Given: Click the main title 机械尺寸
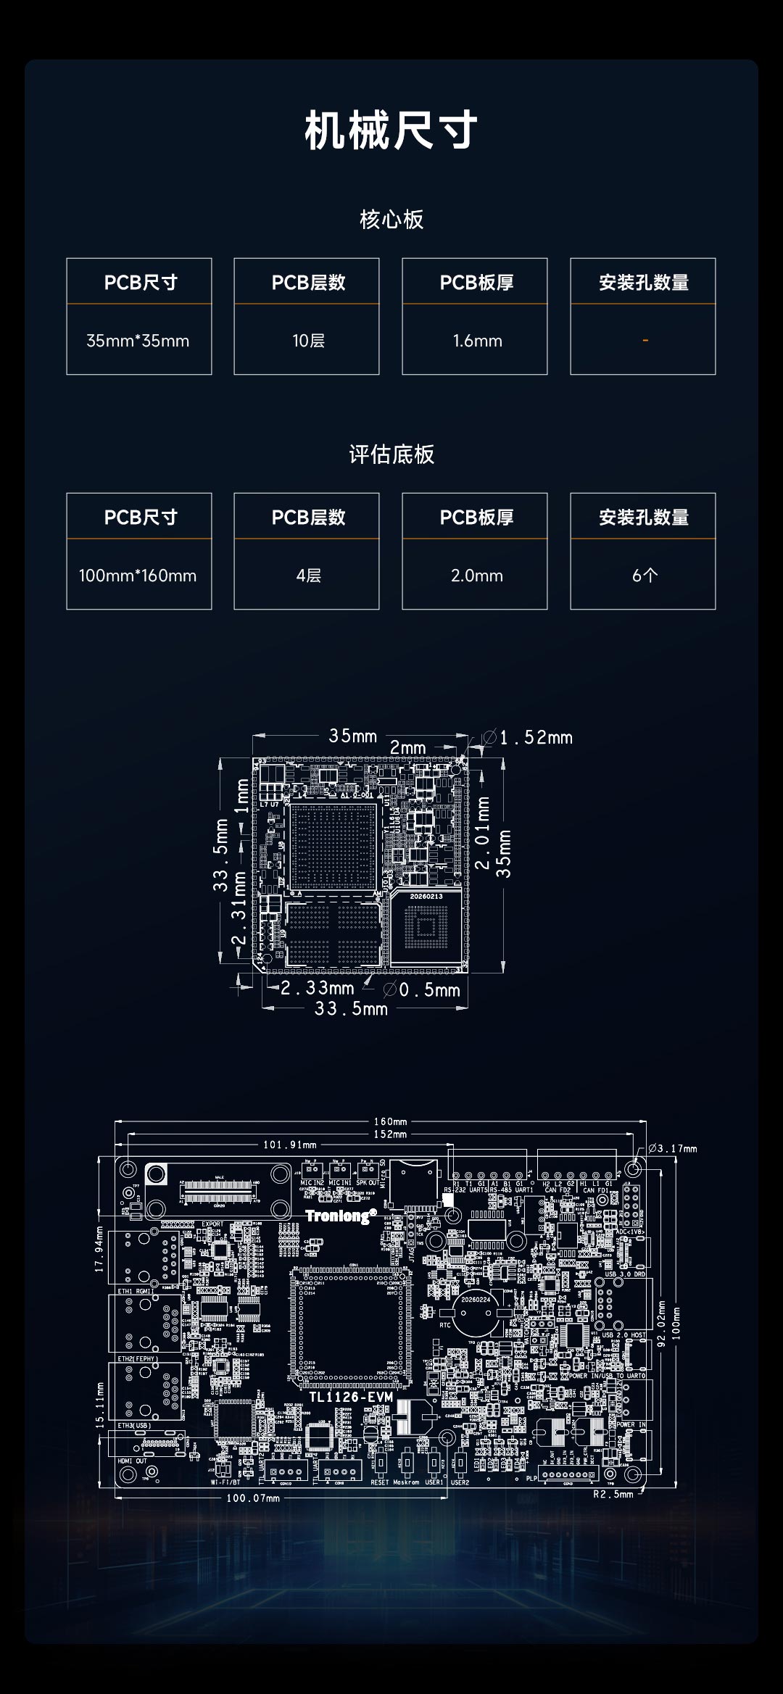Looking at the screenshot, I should pyautogui.click(x=391, y=131).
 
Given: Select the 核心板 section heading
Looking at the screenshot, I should pyautogui.click(x=391, y=220).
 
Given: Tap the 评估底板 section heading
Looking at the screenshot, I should pyautogui.click(x=391, y=454).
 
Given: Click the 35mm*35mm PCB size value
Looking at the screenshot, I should pyautogui.click(x=138, y=341).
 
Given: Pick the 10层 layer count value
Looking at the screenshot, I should pyautogui.click(x=308, y=341).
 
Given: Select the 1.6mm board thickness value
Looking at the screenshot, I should pyautogui.click(x=477, y=341).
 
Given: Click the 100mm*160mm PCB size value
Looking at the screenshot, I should pyautogui.click(x=138, y=576).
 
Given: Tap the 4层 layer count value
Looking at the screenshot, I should pyautogui.click(x=308, y=576).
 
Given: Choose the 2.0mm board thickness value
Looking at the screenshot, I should pyautogui.click(x=477, y=576).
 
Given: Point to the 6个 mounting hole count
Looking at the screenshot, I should pyautogui.click(x=645, y=576).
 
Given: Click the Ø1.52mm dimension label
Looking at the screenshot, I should pyautogui.click(x=528, y=738).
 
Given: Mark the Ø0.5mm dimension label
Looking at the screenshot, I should pyautogui.click(x=422, y=989).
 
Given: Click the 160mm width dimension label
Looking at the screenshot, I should pyautogui.click(x=390, y=1121).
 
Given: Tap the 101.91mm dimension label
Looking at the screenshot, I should pyautogui.click(x=289, y=1145).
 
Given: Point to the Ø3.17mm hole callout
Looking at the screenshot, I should pyautogui.click(x=673, y=1148).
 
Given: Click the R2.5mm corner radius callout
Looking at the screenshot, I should pyautogui.click(x=613, y=1494).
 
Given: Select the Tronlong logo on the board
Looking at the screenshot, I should pyautogui.click(x=341, y=1216).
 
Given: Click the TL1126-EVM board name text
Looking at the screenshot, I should pyautogui.click(x=351, y=1397).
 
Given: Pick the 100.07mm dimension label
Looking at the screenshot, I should pyautogui.click(x=253, y=1498).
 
